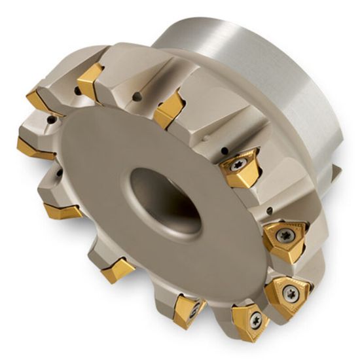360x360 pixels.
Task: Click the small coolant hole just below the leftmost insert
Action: pos(59,173)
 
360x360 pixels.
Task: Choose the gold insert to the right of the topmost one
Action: pos(168,109)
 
